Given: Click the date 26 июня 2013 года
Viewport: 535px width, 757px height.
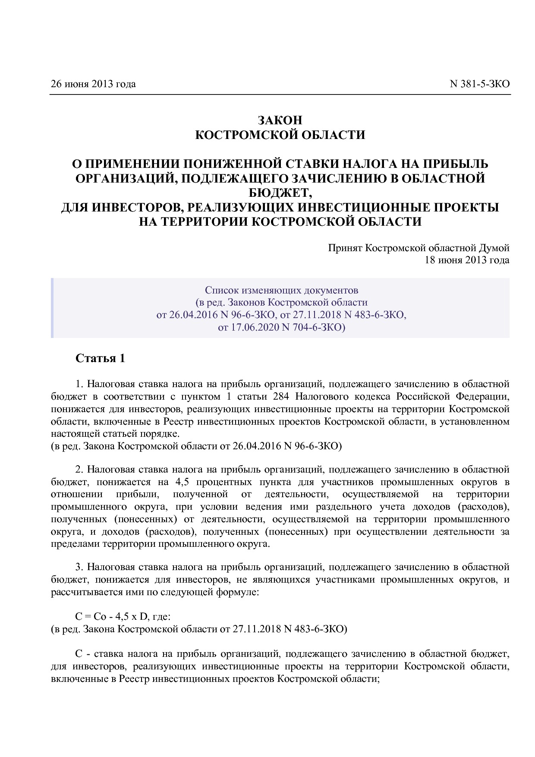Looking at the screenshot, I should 93,84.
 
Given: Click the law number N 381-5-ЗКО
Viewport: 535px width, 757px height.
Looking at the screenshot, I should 479,84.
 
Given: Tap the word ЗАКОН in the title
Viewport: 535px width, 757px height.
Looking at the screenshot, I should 280,120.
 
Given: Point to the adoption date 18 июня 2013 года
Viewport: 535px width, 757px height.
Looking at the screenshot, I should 467,260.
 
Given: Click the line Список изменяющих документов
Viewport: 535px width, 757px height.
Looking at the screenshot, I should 281,290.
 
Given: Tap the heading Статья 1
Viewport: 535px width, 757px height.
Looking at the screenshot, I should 100,358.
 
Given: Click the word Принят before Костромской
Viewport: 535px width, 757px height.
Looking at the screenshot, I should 345,248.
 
